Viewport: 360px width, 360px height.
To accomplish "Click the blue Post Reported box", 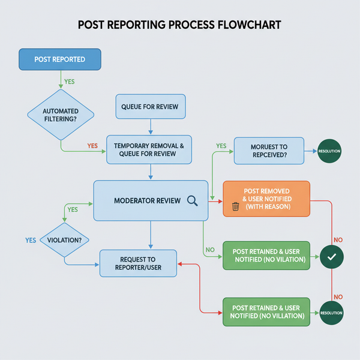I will click(x=60, y=59).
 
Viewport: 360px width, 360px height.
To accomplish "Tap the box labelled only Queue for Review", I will click(x=150, y=107).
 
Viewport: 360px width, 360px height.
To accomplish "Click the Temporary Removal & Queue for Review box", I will click(x=149, y=150).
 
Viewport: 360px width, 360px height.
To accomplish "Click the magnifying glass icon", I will click(x=193, y=201).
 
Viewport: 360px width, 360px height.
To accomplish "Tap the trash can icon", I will click(x=235, y=207).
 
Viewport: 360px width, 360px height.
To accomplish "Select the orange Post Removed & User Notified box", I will click(x=266, y=198).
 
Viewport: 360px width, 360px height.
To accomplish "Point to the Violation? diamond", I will click(x=64, y=240).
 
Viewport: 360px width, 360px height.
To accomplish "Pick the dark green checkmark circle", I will click(x=331, y=257).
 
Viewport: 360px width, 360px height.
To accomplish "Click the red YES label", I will click(x=92, y=146).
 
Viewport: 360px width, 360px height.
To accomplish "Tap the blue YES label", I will click(x=31, y=240).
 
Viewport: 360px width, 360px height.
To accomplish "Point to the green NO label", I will click(x=210, y=250).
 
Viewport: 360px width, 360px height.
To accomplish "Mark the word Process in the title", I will click(x=178, y=26).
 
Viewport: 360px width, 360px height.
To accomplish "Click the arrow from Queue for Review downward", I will click(x=150, y=126).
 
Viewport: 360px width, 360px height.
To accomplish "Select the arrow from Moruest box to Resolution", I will click(x=310, y=151).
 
